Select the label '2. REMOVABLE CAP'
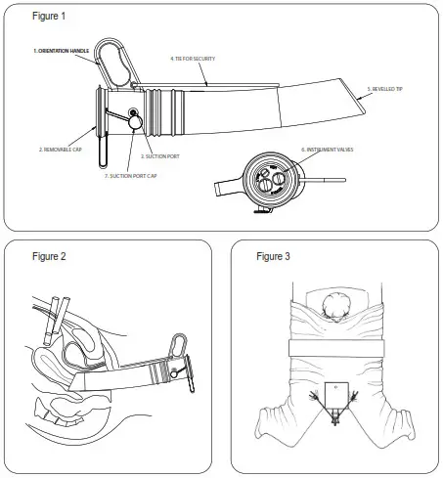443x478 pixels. click(61, 150)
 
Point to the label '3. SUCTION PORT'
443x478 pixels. click(157, 155)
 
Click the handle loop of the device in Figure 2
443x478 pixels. click(180, 346)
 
